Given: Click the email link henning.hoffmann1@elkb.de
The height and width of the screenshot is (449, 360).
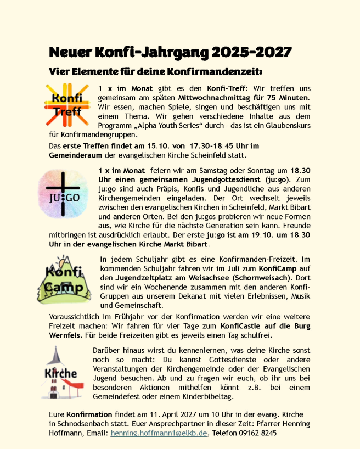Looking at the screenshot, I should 159,433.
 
